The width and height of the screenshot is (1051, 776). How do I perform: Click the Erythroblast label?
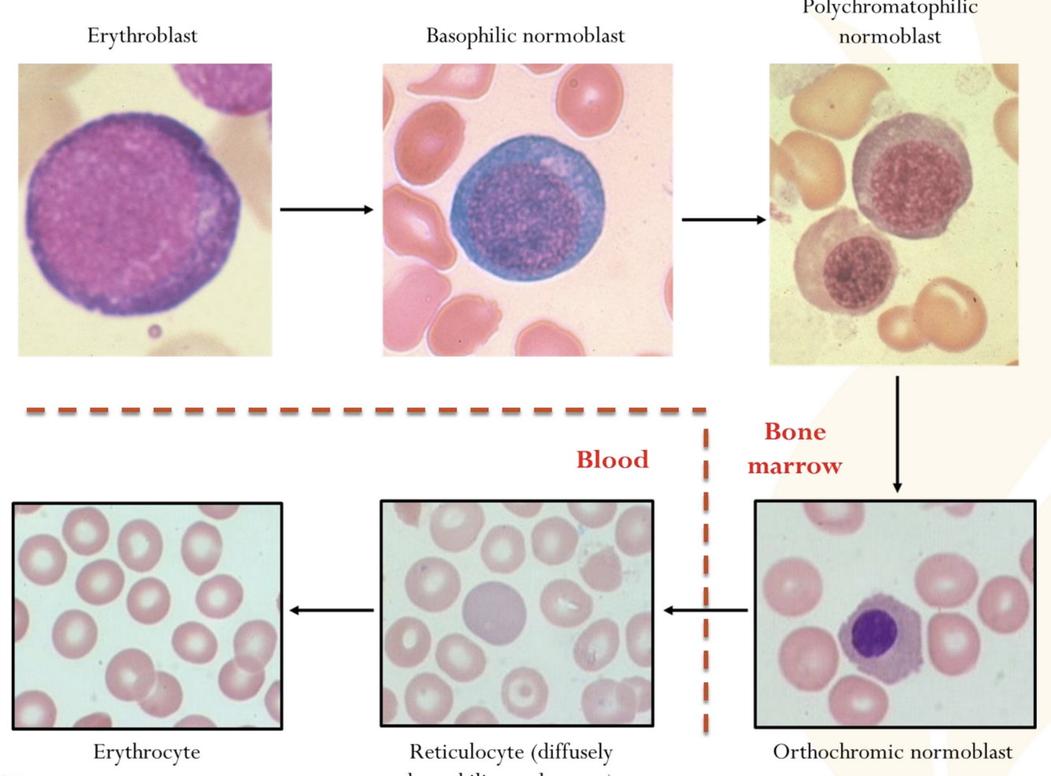[x=142, y=35]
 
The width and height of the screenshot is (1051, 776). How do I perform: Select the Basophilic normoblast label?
[x=525, y=35]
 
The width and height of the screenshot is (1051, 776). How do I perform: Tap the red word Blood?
[x=612, y=459]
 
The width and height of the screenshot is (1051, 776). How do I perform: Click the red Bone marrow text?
[x=795, y=448]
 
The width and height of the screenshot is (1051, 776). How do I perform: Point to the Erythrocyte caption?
[x=147, y=752]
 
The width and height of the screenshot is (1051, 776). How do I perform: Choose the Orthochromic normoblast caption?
[x=892, y=752]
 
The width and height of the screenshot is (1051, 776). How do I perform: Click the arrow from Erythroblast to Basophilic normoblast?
[x=326, y=210]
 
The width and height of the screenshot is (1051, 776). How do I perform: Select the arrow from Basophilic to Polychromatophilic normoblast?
[x=723, y=220]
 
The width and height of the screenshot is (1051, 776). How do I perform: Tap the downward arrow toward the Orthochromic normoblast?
[x=897, y=433]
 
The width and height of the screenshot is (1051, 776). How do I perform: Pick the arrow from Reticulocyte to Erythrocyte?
[x=332, y=610]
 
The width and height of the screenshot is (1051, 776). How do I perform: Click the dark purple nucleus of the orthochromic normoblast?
[x=875, y=632]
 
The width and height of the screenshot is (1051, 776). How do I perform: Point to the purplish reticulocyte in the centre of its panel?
[x=494, y=613]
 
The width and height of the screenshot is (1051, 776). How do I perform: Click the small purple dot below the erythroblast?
[x=154, y=331]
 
